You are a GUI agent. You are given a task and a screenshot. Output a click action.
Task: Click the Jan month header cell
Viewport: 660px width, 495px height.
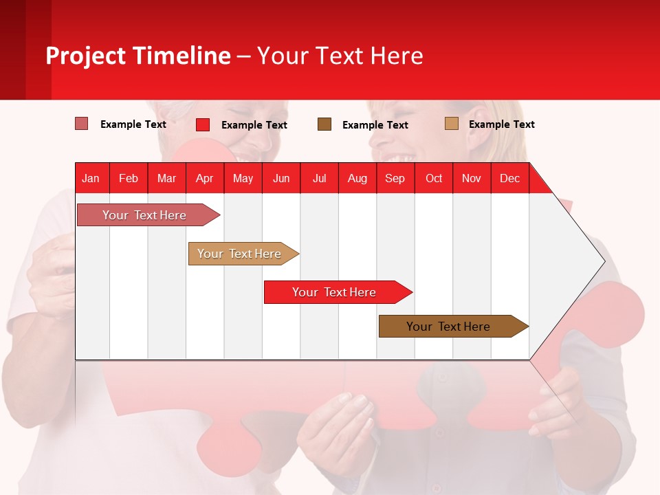point(91,178)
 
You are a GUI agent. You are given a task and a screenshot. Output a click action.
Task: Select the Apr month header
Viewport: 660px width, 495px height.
point(204,178)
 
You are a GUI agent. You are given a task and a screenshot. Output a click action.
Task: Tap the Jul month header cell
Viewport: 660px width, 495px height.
point(319,178)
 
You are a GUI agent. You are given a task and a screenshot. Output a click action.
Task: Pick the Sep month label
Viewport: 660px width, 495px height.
point(395,178)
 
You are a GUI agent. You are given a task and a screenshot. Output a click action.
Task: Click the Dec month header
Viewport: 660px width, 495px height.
point(509,178)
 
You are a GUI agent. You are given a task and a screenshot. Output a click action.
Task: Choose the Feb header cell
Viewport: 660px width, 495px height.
point(129,178)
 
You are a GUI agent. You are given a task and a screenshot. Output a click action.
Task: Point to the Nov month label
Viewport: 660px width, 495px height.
point(471,178)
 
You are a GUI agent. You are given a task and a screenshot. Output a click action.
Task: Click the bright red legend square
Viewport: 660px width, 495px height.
point(203,124)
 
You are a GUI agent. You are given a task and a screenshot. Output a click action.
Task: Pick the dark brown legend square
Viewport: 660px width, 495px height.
point(324,124)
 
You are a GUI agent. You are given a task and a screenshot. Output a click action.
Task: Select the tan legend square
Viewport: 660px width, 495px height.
point(452,124)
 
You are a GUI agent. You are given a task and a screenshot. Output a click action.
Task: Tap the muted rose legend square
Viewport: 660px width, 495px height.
point(82,124)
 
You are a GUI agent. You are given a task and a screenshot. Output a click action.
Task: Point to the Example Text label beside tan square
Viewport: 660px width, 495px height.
point(501,124)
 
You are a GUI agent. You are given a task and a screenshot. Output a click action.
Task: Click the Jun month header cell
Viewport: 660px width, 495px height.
point(281,178)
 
